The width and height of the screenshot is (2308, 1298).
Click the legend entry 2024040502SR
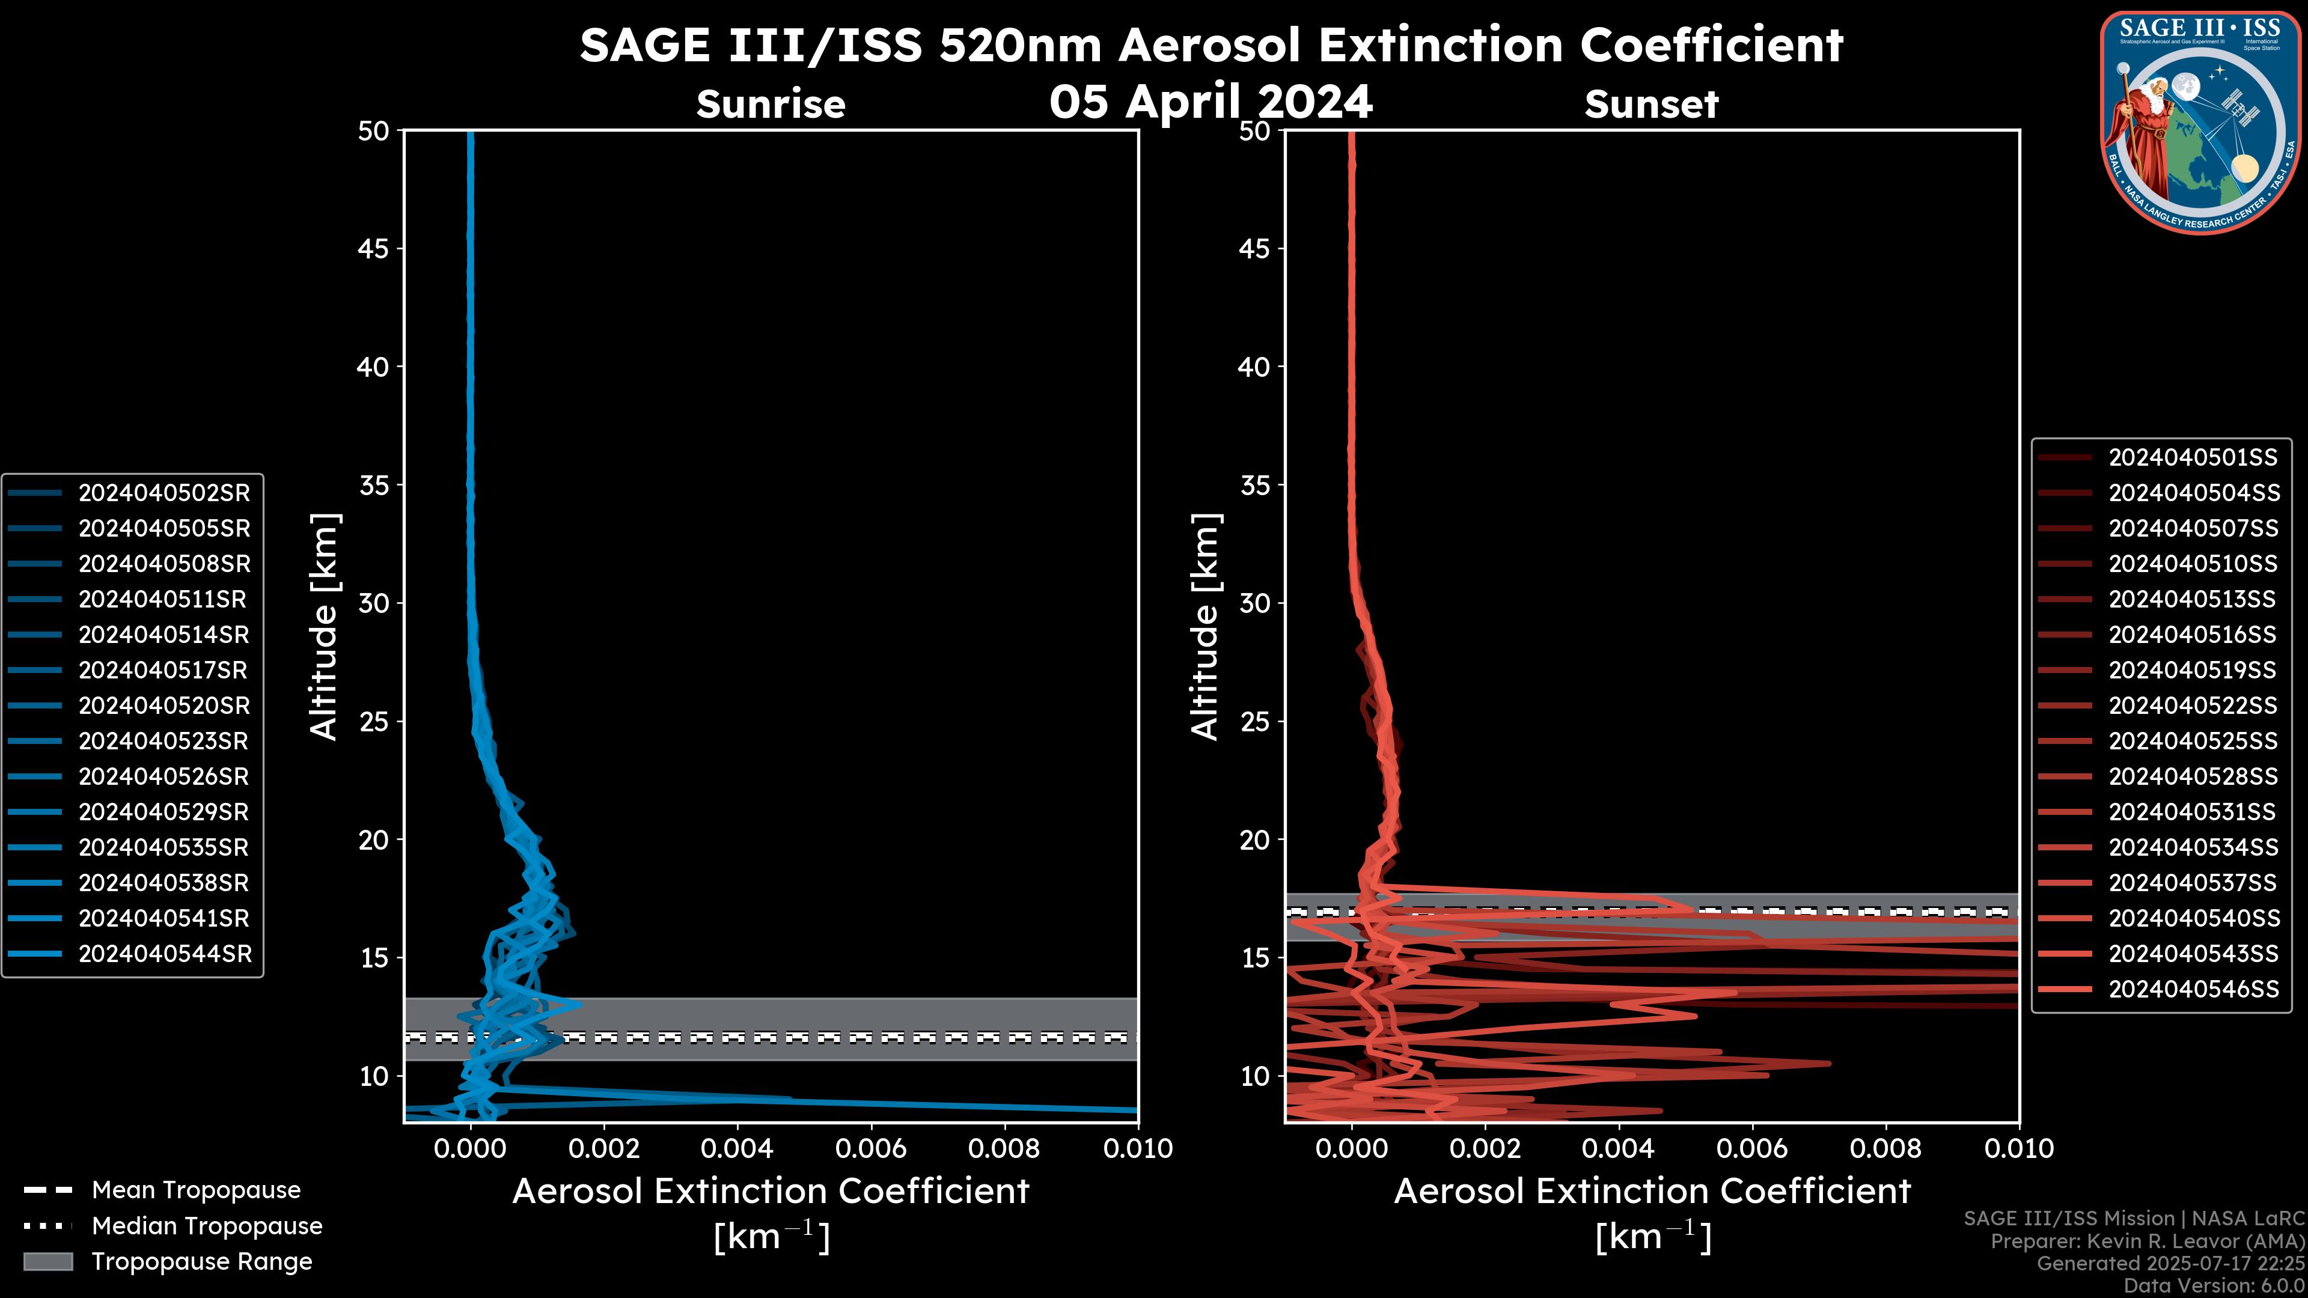coord(164,493)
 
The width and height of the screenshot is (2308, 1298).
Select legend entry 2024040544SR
coord(164,954)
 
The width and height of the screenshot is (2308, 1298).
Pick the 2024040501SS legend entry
coord(2193,458)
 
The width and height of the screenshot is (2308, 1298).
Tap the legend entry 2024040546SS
coord(2193,989)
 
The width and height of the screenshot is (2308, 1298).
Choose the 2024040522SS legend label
coord(2193,706)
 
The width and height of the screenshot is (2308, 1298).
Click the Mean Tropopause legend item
coord(195,1190)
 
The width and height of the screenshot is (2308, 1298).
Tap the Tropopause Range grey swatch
coord(48,1261)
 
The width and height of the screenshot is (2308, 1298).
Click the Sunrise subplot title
coord(771,105)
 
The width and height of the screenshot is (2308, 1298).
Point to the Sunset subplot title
coord(1651,105)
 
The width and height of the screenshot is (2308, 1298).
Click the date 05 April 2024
coord(1210,101)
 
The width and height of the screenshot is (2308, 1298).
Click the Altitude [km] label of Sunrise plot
coord(323,626)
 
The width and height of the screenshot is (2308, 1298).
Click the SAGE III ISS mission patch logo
coord(2200,122)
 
